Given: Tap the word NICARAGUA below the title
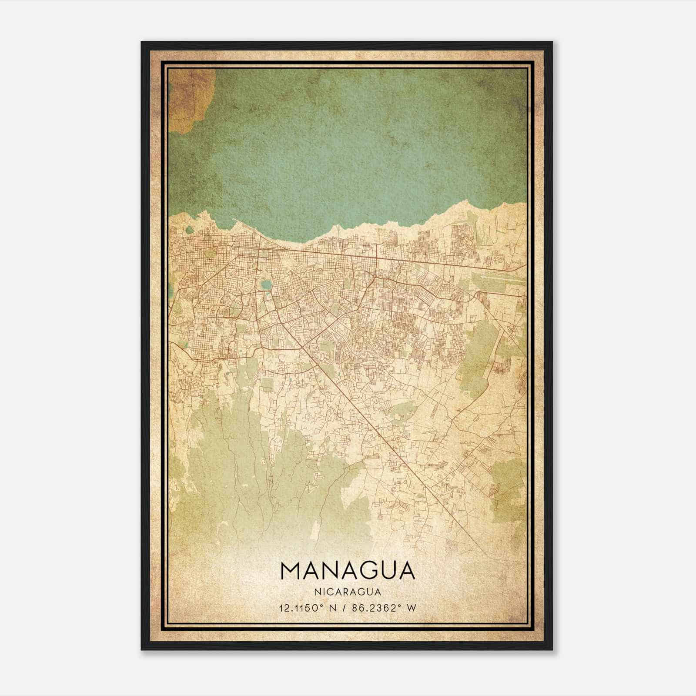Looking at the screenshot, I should (348, 592).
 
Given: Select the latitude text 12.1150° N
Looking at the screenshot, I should (308, 608).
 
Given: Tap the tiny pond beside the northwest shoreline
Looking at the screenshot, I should (189, 230).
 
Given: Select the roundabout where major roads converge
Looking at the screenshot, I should (375, 276).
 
